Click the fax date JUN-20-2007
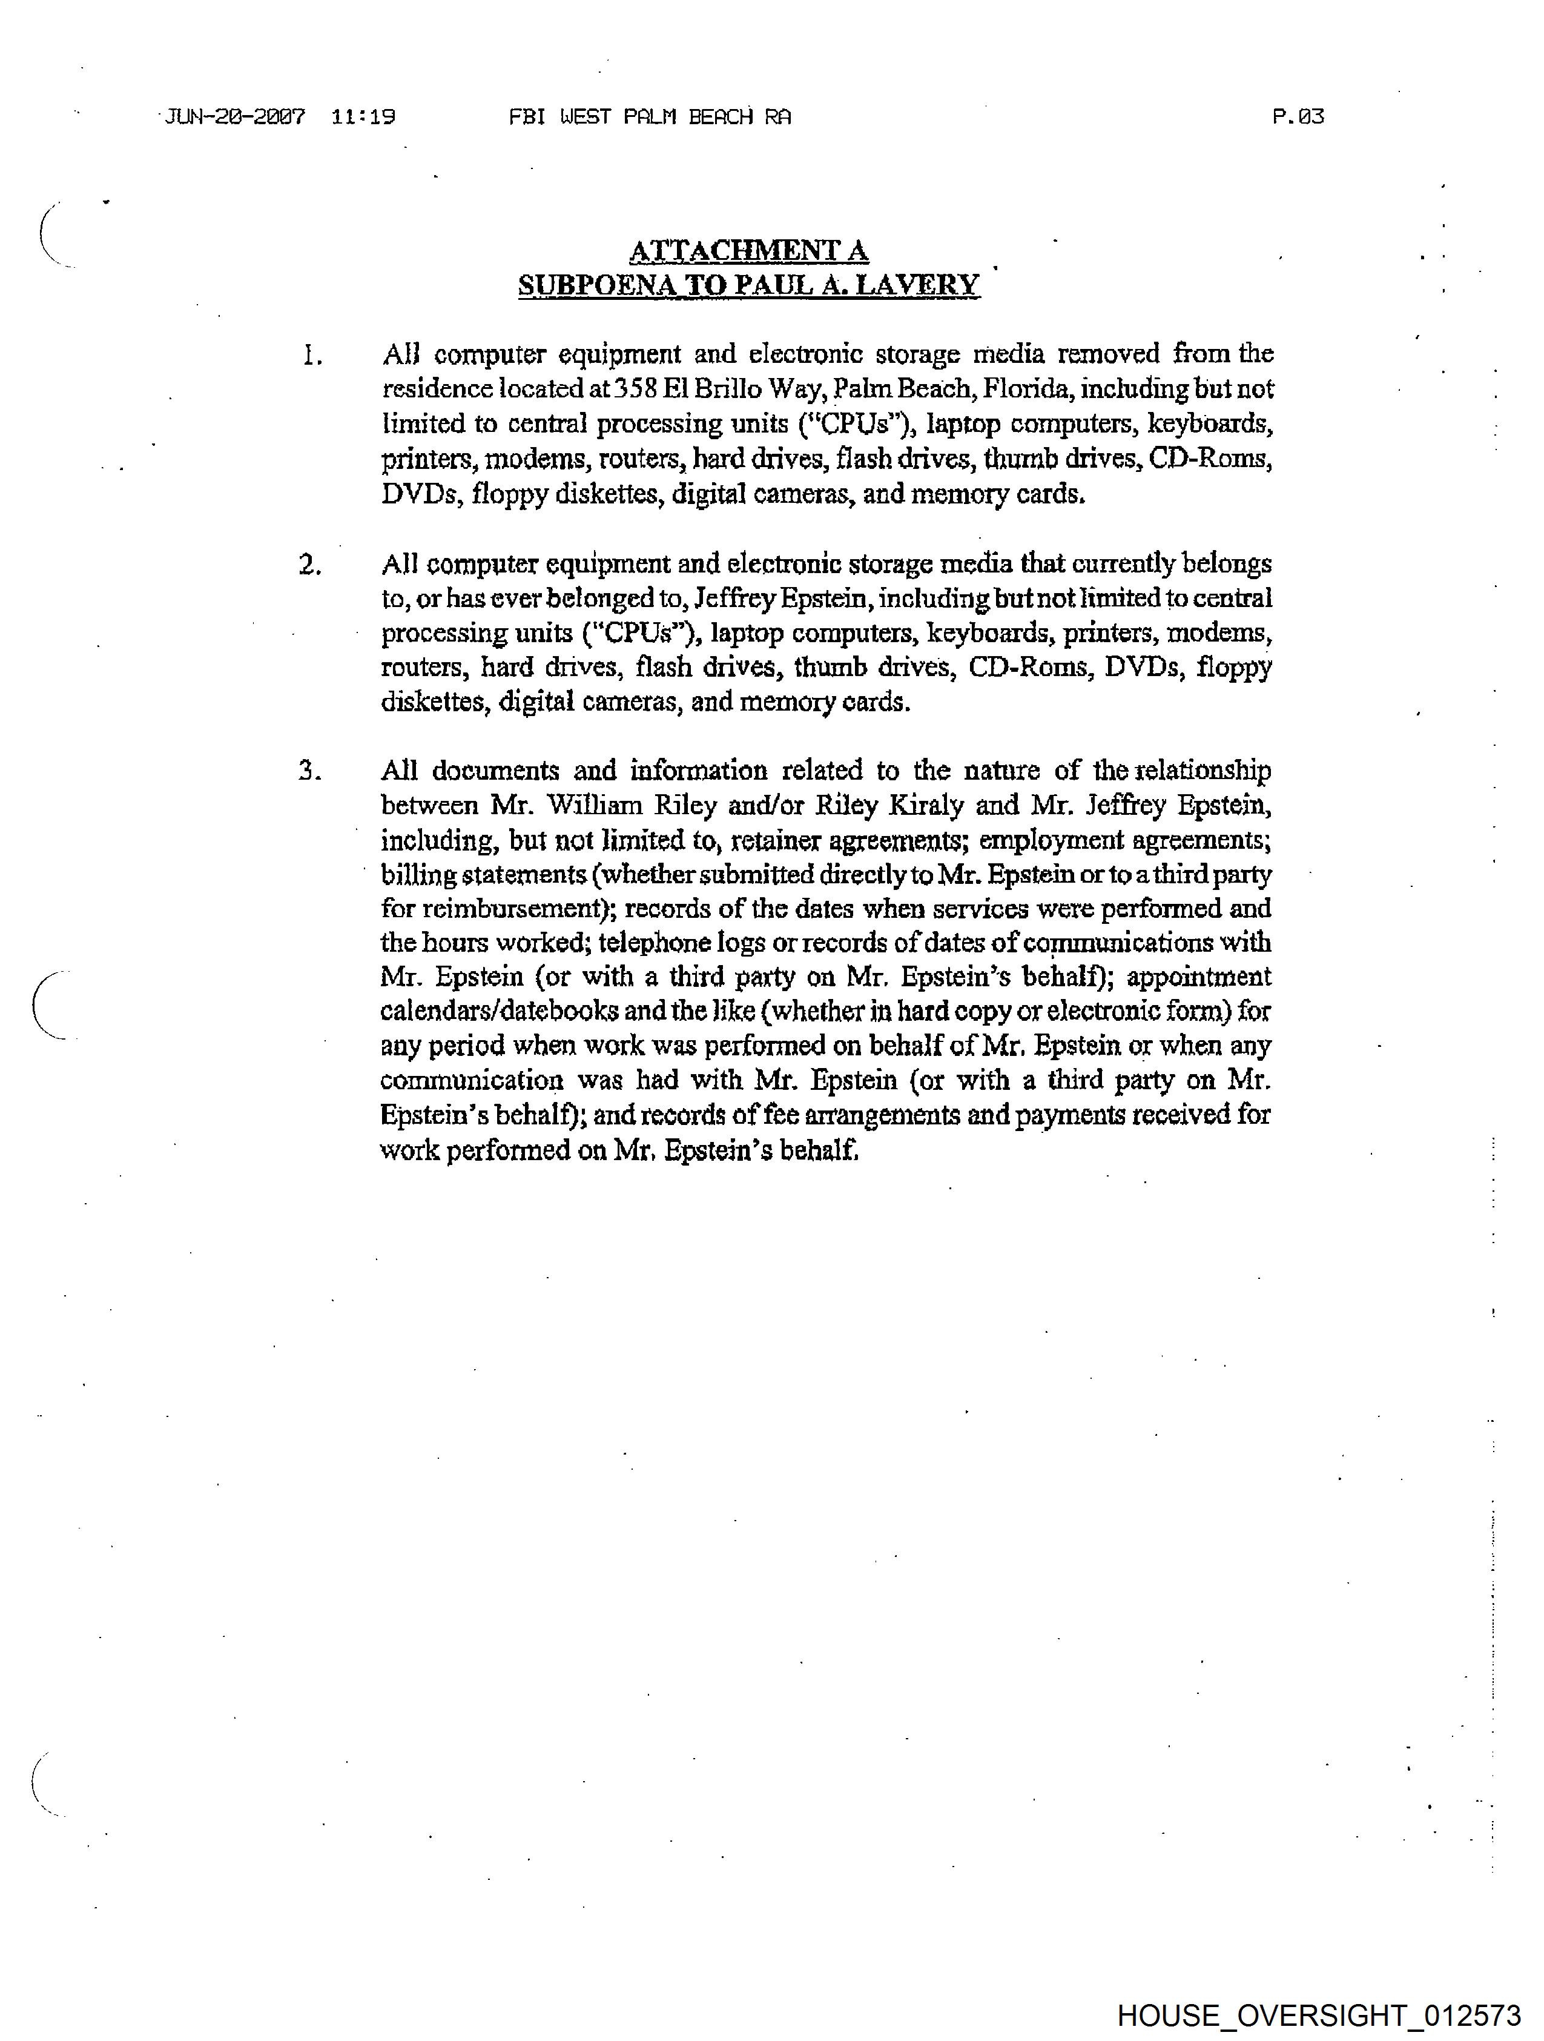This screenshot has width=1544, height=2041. tap(235, 117)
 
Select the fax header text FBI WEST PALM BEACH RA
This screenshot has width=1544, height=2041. tap(649, 117)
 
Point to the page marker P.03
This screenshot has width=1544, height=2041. tap(1297, 116)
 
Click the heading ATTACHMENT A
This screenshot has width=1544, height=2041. tap(748, 250)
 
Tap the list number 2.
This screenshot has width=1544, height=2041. tap(310, 565)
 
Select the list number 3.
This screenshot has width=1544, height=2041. tap(310, 771)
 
